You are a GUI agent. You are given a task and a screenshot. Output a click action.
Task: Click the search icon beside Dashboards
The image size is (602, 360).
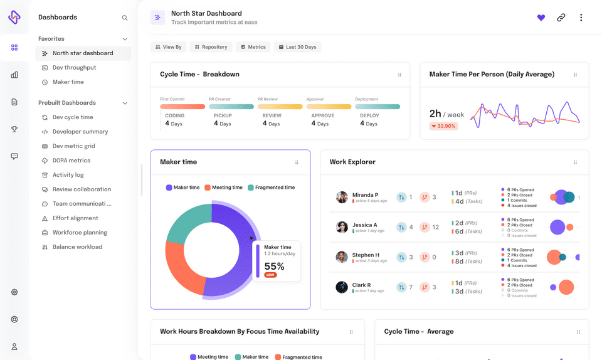coord(125,18)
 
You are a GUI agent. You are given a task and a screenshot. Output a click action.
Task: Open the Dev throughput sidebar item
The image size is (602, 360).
coord(74,68)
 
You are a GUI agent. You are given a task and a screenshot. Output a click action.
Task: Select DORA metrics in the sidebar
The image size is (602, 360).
coord(71,161)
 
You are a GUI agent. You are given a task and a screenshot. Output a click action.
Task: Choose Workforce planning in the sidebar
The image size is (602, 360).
coord(80,233)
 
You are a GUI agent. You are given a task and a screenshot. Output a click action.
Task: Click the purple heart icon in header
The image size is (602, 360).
coord(541,18)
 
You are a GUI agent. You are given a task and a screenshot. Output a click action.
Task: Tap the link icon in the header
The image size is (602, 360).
coord(561,18)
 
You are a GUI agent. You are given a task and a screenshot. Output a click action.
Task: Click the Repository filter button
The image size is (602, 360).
coord(211,47)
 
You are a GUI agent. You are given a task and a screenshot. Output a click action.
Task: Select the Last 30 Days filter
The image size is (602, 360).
coord(297,47)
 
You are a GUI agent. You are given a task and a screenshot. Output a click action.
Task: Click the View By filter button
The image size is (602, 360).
coord(168,47)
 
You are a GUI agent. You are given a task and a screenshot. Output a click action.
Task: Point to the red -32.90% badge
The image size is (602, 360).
coord(443,126)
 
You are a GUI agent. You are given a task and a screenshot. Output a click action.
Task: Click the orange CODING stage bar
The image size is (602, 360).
coord(182,107)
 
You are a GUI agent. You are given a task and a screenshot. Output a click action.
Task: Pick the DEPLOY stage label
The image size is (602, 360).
coord(369,116)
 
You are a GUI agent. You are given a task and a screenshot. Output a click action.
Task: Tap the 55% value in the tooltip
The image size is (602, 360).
coord(274,267)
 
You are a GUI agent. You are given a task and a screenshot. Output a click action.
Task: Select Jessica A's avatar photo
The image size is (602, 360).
coord(342,227)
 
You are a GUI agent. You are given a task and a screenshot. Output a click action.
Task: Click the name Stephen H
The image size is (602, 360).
coord(366,255)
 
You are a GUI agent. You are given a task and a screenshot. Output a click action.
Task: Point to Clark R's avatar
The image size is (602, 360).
coord(342,287)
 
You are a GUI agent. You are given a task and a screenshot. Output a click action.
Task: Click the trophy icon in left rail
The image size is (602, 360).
coord(14,129)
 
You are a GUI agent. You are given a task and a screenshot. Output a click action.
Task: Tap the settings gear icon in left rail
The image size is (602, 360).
coord(14,292)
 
